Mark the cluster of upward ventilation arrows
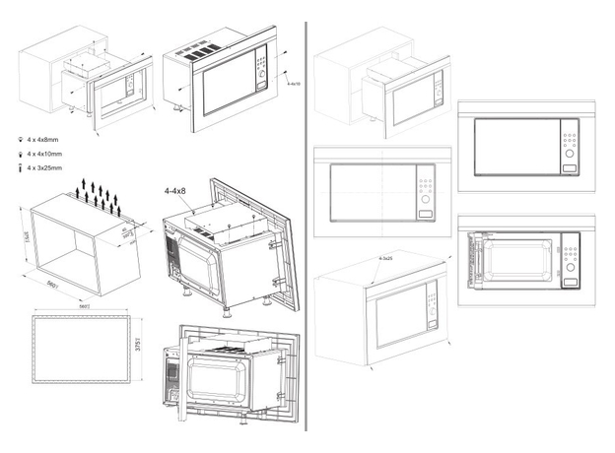tap(100, 195)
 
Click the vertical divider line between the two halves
tap(307, 226)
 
